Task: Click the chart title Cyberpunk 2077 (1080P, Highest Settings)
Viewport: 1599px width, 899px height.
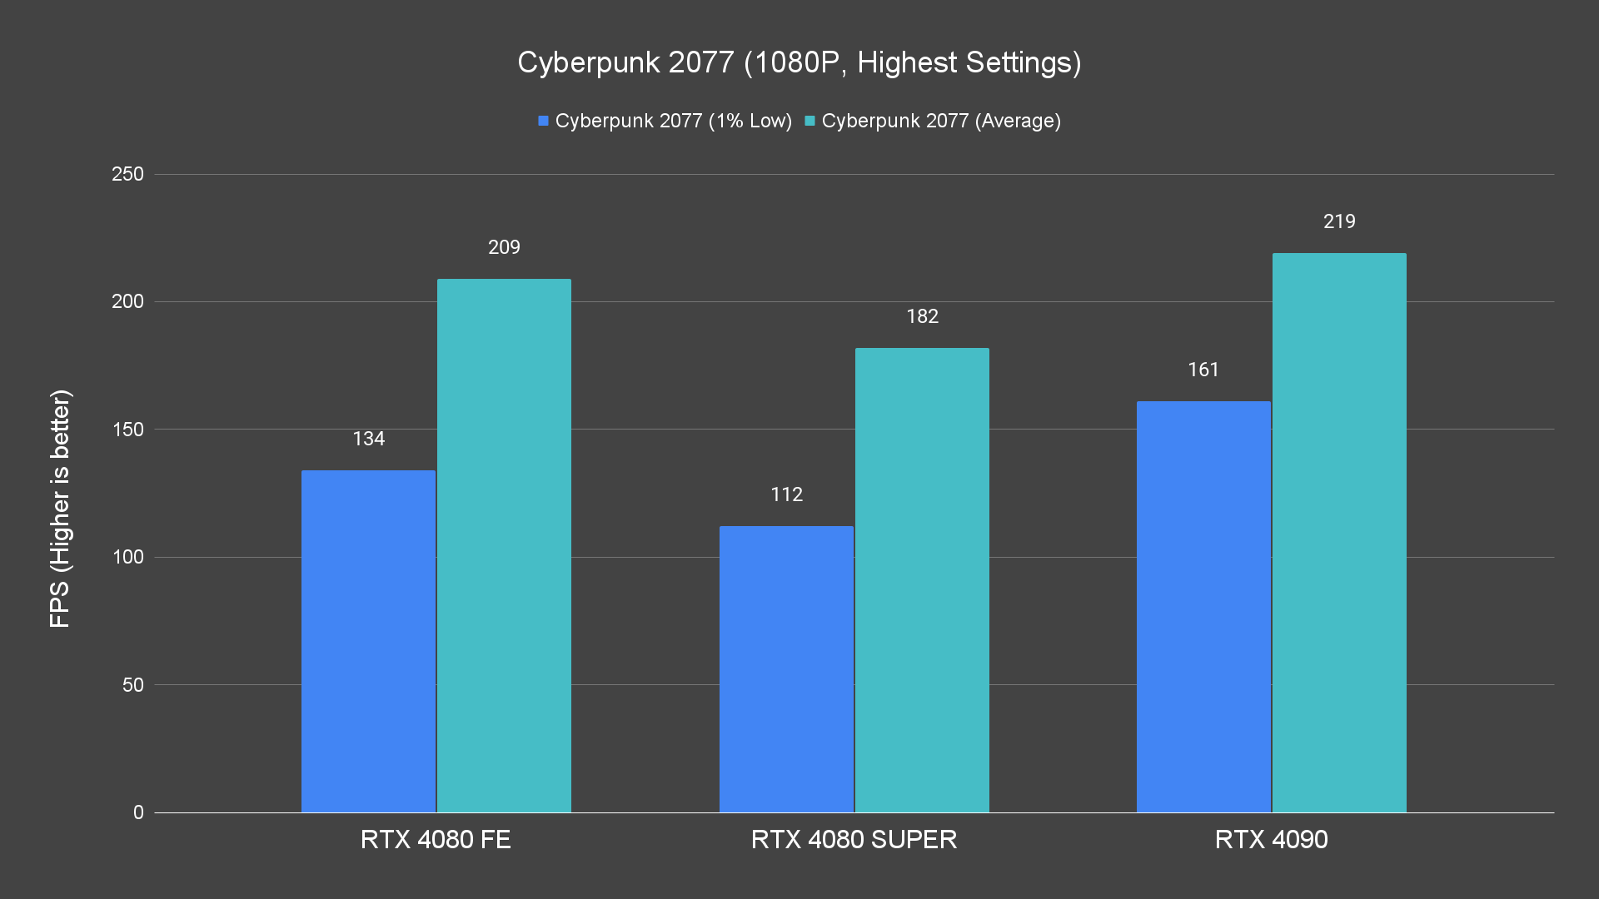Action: (x=799, y=62)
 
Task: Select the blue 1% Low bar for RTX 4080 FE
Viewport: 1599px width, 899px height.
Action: (x=368, y=641)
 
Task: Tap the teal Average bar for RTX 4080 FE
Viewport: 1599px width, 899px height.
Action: (x=504, y=545)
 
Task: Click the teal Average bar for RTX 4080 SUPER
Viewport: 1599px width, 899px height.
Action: (x=922, y=580)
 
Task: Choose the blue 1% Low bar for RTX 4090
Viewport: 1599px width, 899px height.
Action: (x=1203, y=607)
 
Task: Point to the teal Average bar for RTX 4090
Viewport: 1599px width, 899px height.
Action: (x=1339, y=533)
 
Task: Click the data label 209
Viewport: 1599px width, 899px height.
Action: (x=504, y=247)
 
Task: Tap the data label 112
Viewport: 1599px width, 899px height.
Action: (x=786, y=494)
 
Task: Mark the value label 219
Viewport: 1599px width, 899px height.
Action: (x=1339, y=221)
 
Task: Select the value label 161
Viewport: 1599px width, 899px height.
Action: (x=1203, y=370)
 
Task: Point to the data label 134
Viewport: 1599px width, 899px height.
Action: (x=368, y=439)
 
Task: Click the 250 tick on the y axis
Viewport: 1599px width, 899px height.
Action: (x=127, y=174)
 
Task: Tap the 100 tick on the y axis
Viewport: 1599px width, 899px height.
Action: (x=127, y=557)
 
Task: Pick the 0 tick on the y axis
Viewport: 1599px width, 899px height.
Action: (x=138, y=812)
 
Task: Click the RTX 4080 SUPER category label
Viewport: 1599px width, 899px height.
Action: (x=854, y=839)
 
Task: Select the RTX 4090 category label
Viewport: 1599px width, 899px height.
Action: (x=1271, y=839)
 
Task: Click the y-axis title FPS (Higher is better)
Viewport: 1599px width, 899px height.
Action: (x=60, y=508)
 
